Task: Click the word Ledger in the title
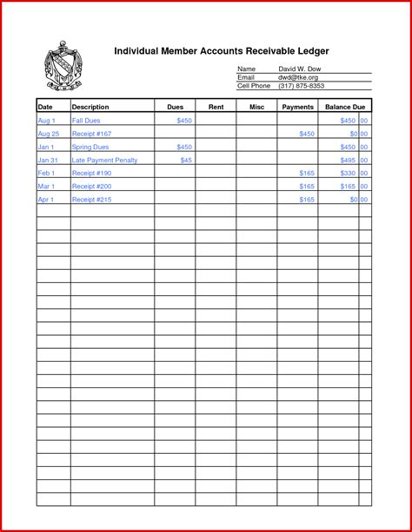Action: click(310, 51)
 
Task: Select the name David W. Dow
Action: click(300, 69)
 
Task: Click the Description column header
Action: click(90, 107)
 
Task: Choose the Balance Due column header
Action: click(344, 107)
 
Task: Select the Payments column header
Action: click(297, 107)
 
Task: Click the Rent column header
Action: click(216, 107)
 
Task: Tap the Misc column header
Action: click(256, 107)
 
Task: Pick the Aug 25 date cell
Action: click(48, 135)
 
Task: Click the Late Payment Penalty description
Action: click(104, 161)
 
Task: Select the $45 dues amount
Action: click(186, 161)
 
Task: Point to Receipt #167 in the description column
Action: click(92, 135)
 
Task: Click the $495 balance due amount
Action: click(349, 161)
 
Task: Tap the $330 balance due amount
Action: click(349, 174)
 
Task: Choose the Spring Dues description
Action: click(90, 148)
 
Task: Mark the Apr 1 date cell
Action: click(46, 200)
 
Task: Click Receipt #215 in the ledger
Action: click(92, 200)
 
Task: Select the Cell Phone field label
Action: click(254, 86)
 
